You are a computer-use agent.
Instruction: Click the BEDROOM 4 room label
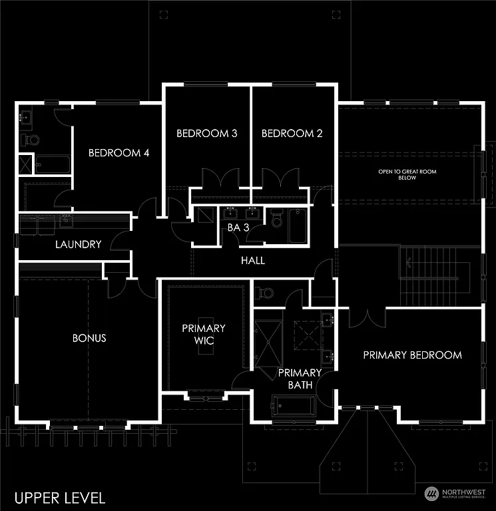click(x=119, y=153)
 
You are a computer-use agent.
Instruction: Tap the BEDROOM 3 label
click(x=206, y=134)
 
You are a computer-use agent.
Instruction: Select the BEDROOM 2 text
click(x=292, y=134)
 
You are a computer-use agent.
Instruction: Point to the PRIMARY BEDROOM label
click(x=412, y=355)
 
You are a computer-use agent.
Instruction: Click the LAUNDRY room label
click(x=78, y=244)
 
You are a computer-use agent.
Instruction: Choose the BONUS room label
click(x=89, y=338)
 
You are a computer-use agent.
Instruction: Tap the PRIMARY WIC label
click(x=204, y=334)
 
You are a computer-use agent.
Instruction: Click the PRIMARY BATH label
click(x=300, y=379)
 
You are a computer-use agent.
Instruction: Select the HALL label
click(x=253, y=260)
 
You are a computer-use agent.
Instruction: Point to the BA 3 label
click(x=238, y=227)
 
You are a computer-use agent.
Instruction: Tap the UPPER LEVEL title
click(x=60, y=497)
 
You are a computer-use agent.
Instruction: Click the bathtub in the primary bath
click(x=293, y=405)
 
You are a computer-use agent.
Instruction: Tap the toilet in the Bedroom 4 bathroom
click(x=31, y=140)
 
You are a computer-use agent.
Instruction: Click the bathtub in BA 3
click(x=297, y=226)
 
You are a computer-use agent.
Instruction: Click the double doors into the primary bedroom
click(x=367, y=316)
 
